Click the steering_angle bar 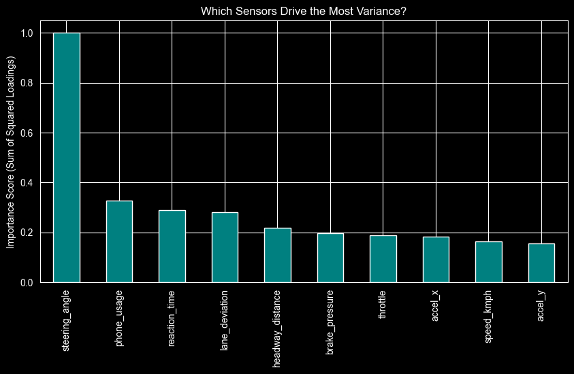67,157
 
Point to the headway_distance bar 278,255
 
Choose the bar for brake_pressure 330,258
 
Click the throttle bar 383,258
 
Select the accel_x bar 436,259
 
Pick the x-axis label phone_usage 119,314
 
